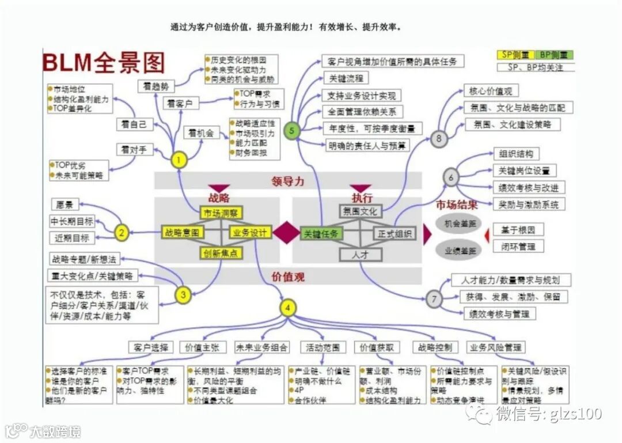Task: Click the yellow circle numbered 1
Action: (x=180, y=160)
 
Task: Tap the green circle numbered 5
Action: (x=292, y=131)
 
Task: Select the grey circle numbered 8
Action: (x=439, y=138)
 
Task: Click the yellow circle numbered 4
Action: (x=287, y=308)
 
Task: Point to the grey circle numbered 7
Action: (x=435, y=298)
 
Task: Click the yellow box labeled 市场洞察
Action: (x=222, y=213)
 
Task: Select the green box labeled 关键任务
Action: (x=321, y=233)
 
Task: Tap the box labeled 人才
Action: (x=361, y=254)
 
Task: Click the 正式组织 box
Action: (x=395, y=233)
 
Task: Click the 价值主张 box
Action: (x=200, y=347)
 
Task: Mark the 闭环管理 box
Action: (x=518, y=247)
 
